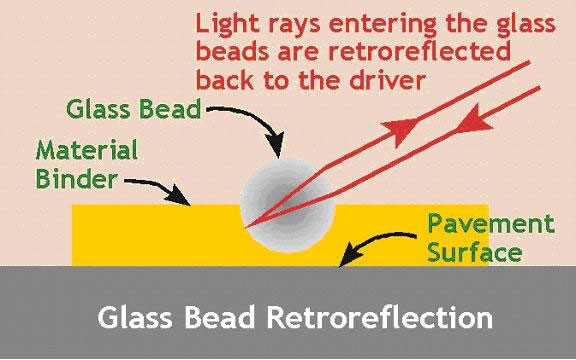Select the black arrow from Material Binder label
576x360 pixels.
point(160,189)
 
